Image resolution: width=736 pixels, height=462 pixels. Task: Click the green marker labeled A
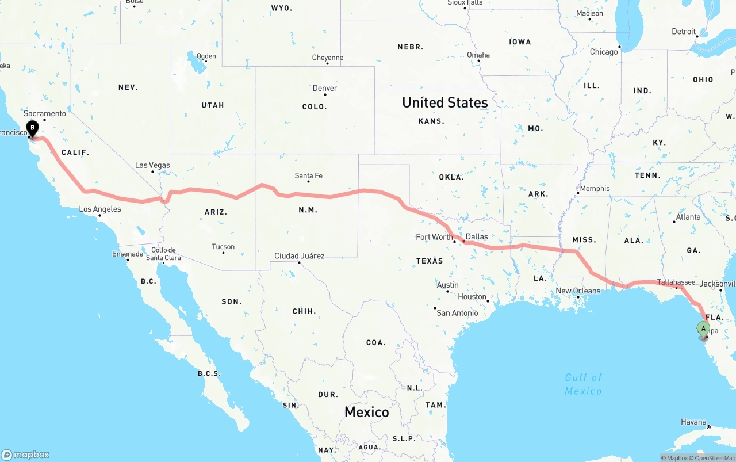pos(703,329)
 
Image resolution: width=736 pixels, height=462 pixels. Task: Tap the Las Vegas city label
pos(152,165)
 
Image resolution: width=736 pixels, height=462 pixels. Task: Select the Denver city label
pos(325,88)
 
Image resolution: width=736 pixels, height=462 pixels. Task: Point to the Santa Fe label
pos(308,175)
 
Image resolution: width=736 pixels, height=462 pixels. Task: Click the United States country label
pos(444,102)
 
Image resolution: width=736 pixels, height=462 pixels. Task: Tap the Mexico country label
pos(366,412)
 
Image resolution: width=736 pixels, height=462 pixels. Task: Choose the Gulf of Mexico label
pos(583,384)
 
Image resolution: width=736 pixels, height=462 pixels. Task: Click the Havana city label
pos(693,422)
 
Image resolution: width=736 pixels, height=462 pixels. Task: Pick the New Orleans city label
pos(577,291)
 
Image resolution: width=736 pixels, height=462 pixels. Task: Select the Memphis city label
pos(595,188)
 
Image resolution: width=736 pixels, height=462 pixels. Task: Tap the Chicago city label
pos(604,52)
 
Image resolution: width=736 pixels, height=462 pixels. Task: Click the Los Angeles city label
pos(100,209)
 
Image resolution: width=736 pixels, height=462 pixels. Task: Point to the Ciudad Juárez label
pos(299,255)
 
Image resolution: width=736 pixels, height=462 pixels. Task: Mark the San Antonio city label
pos(457,312)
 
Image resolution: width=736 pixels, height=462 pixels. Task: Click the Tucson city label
pos(223,247)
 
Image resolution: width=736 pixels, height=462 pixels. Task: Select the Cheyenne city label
pos(328,58)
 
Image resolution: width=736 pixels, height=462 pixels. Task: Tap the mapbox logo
pos(25,455)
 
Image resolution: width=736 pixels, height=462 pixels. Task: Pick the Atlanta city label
pos(688,217)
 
